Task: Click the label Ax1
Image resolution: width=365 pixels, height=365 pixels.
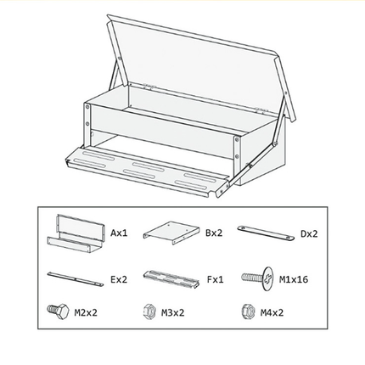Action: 119,233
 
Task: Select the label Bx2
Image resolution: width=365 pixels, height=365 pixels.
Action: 214,233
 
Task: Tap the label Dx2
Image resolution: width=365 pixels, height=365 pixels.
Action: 309,234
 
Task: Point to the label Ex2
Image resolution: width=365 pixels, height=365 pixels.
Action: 119,279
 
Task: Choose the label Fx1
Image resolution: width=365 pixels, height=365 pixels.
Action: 215,279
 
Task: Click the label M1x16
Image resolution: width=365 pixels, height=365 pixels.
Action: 294,279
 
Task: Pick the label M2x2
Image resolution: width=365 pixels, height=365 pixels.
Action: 86,312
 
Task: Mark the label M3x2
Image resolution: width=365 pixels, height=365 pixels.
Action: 172,312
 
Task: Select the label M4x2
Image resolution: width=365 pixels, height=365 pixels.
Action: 272,312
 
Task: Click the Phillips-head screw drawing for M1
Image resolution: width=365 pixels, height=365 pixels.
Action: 258,278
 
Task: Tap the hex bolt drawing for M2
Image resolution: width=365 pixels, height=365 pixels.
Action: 59,312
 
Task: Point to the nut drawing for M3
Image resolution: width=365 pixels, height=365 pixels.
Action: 149,312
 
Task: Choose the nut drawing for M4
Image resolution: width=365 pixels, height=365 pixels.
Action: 249,312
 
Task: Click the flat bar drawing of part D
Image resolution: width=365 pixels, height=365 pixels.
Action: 266,233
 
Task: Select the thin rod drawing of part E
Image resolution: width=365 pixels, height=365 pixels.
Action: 76,279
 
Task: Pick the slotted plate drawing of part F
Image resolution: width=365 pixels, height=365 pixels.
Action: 171,279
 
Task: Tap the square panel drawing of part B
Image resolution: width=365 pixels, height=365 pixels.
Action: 171,232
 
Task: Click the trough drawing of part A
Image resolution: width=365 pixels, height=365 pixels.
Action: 76,233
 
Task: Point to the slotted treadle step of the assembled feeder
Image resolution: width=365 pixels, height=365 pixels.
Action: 147,171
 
